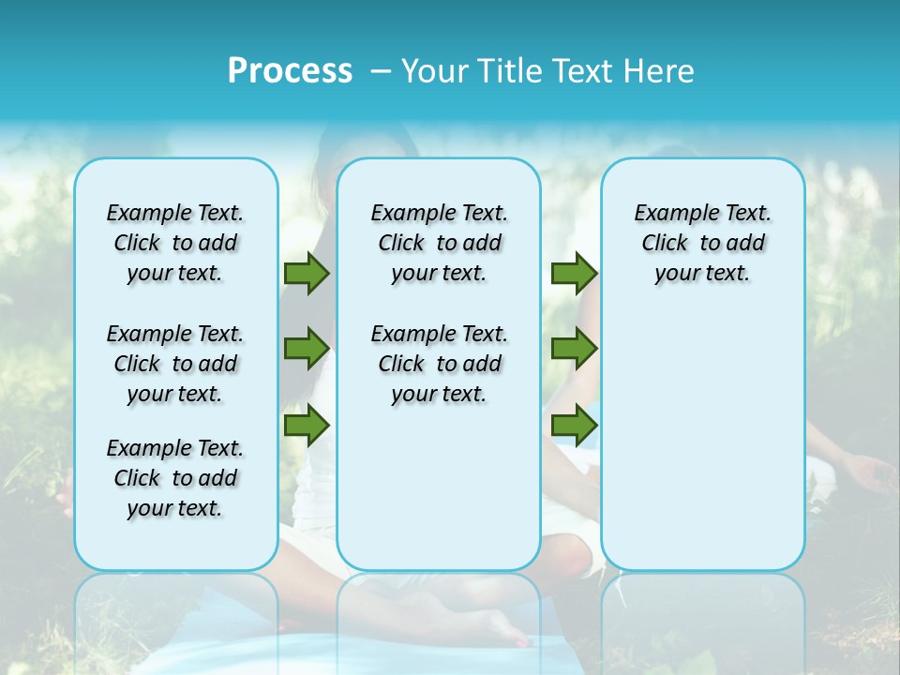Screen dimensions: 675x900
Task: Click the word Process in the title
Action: (x=290, y=71)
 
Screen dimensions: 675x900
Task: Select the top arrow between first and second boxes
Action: (x=306, y=274)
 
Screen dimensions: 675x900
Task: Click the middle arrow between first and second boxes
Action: (x=306, y=349)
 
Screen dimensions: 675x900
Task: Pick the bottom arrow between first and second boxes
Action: (x=306, y=426)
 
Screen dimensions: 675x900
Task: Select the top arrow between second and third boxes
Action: (x=574, y=274)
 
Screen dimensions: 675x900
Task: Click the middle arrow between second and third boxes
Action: (x=574, y=349)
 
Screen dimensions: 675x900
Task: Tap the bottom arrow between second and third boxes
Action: (x=574, y=426)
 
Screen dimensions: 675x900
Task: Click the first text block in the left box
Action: (x=175, y=243)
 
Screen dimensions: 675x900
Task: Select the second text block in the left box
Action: (x=175, y=364)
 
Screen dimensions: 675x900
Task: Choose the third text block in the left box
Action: (x=175, y=478)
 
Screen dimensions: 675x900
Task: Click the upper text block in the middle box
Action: (x=439, y=243)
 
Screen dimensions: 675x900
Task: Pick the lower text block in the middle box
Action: (x=439, y=364)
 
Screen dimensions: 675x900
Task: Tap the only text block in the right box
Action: (x=702, y=243)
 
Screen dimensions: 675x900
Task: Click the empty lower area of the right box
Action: (x=702, y=441)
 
